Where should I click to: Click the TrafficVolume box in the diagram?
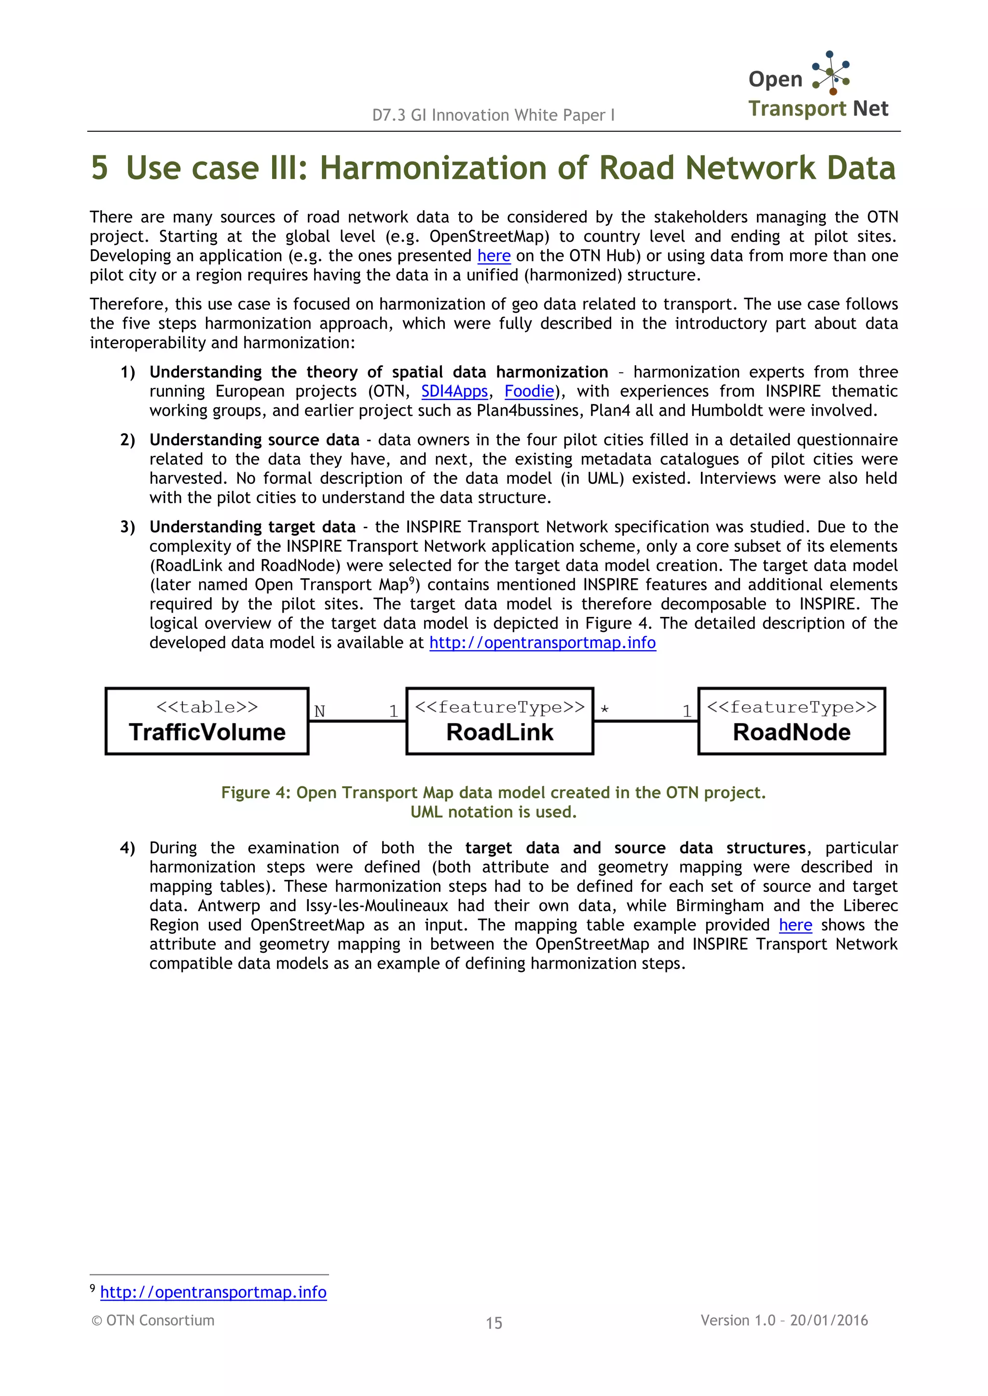click(x=207, y=722)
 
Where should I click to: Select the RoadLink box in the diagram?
click(x=499, y=722)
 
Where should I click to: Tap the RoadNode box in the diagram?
click(x=792, y=722)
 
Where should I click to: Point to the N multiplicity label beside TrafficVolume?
click(x=319, y=711)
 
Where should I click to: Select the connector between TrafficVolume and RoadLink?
click(x=357, y=722)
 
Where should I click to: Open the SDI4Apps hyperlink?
click(x=454, y=391)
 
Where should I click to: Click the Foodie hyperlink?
click(x=529, y=391)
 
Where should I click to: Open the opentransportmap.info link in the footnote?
click(x=214, y=1292)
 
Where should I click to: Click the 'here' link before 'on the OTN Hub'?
click(x=494, y=256)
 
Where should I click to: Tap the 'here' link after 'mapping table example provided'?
click(x=795, y=925)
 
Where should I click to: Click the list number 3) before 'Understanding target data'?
click(x=128, y=527)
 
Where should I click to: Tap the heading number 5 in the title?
click(x=100, y=168)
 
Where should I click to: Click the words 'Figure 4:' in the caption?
click(x=256, y=793)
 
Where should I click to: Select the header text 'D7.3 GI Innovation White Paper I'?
click(x=494, y=115)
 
